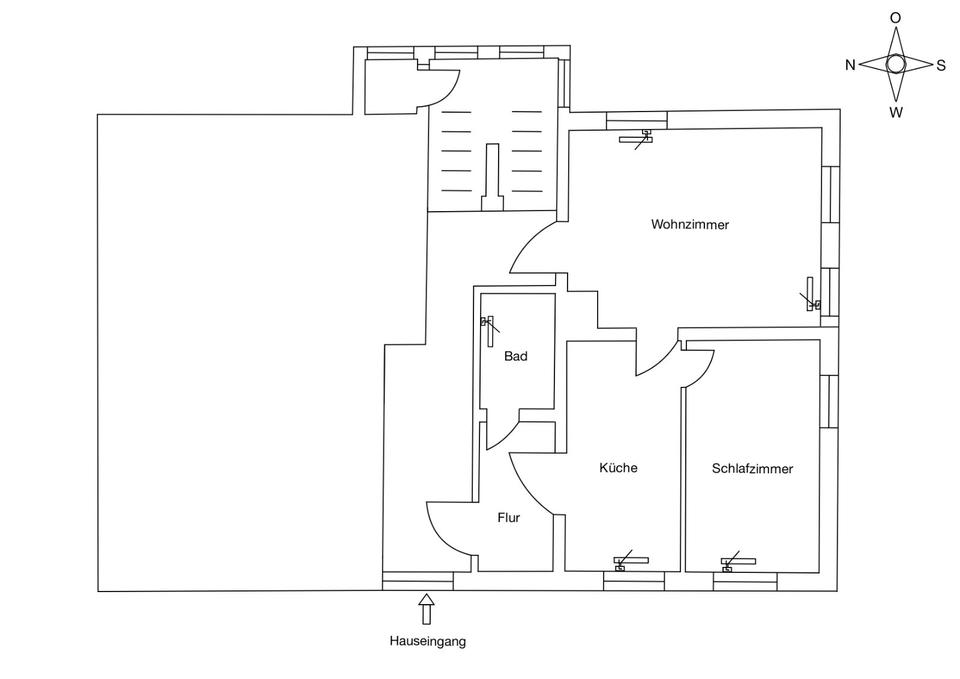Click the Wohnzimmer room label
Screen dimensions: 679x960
[690, 225]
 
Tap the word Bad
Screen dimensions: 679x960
[515, 356]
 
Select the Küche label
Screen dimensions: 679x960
[618, 468]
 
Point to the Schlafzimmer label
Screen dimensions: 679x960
[752, 468]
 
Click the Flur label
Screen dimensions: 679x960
[510, 518]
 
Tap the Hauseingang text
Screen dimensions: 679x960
[427, 642]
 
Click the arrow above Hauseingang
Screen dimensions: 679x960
[427, 608]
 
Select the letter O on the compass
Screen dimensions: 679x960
[896, 18]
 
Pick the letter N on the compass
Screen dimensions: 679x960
[850, 65]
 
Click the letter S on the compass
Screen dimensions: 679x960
[941, 65]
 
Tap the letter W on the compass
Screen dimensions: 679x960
[896, 112]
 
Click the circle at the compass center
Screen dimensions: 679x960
[896, 64]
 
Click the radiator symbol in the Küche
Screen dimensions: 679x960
[631, 561]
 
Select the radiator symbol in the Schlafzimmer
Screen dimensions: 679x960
[738, 562]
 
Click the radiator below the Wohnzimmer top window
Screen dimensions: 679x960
[635, 139]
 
